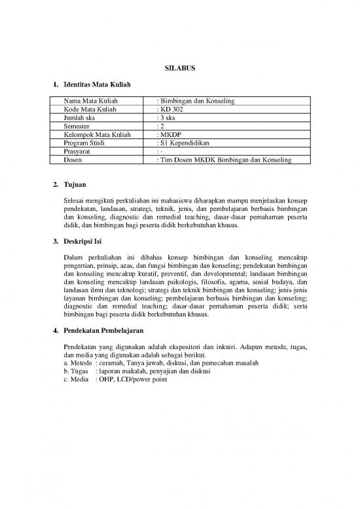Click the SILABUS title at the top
click(179, 67)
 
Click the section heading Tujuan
click(75, 185)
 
